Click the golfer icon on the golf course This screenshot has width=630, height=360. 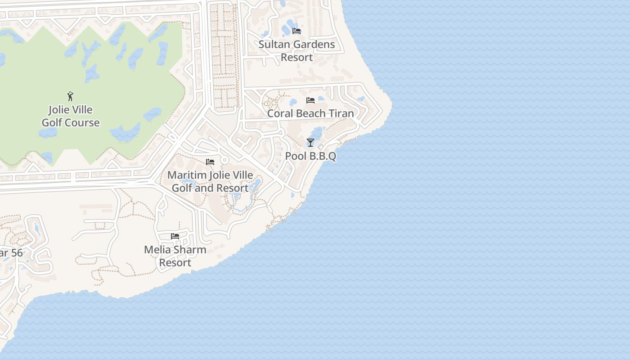click(x=70, y=96)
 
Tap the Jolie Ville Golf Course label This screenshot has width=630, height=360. click(x=71, y=116)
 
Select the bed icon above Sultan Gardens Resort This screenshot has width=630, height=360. click(x=297, y=31)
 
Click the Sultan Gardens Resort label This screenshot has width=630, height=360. click(x=297, y=51)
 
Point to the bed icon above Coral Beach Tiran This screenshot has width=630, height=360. click(x=310, y=100)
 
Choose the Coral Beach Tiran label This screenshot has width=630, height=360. click(x=310, y=113)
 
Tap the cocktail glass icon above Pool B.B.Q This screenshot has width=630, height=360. click(x=310, y=143)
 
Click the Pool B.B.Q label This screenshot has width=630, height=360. click(x=310, y=156)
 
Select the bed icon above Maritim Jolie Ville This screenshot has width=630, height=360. click(x=210, y=162)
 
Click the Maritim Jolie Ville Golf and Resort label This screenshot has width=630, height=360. click(x=210, y=181)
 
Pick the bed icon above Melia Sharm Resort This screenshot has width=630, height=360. click(x=175, y=236)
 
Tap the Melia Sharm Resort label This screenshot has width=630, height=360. click(x=175, y=256)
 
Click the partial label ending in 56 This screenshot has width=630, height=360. click(x=11, y=253)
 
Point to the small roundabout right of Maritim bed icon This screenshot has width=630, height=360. click(x=224, y=160)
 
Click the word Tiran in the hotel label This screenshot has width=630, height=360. click(x=341, y=113)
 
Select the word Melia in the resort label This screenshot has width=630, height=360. click(x=157, y=250)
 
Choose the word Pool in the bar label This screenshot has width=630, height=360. click(x=296, y=156)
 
